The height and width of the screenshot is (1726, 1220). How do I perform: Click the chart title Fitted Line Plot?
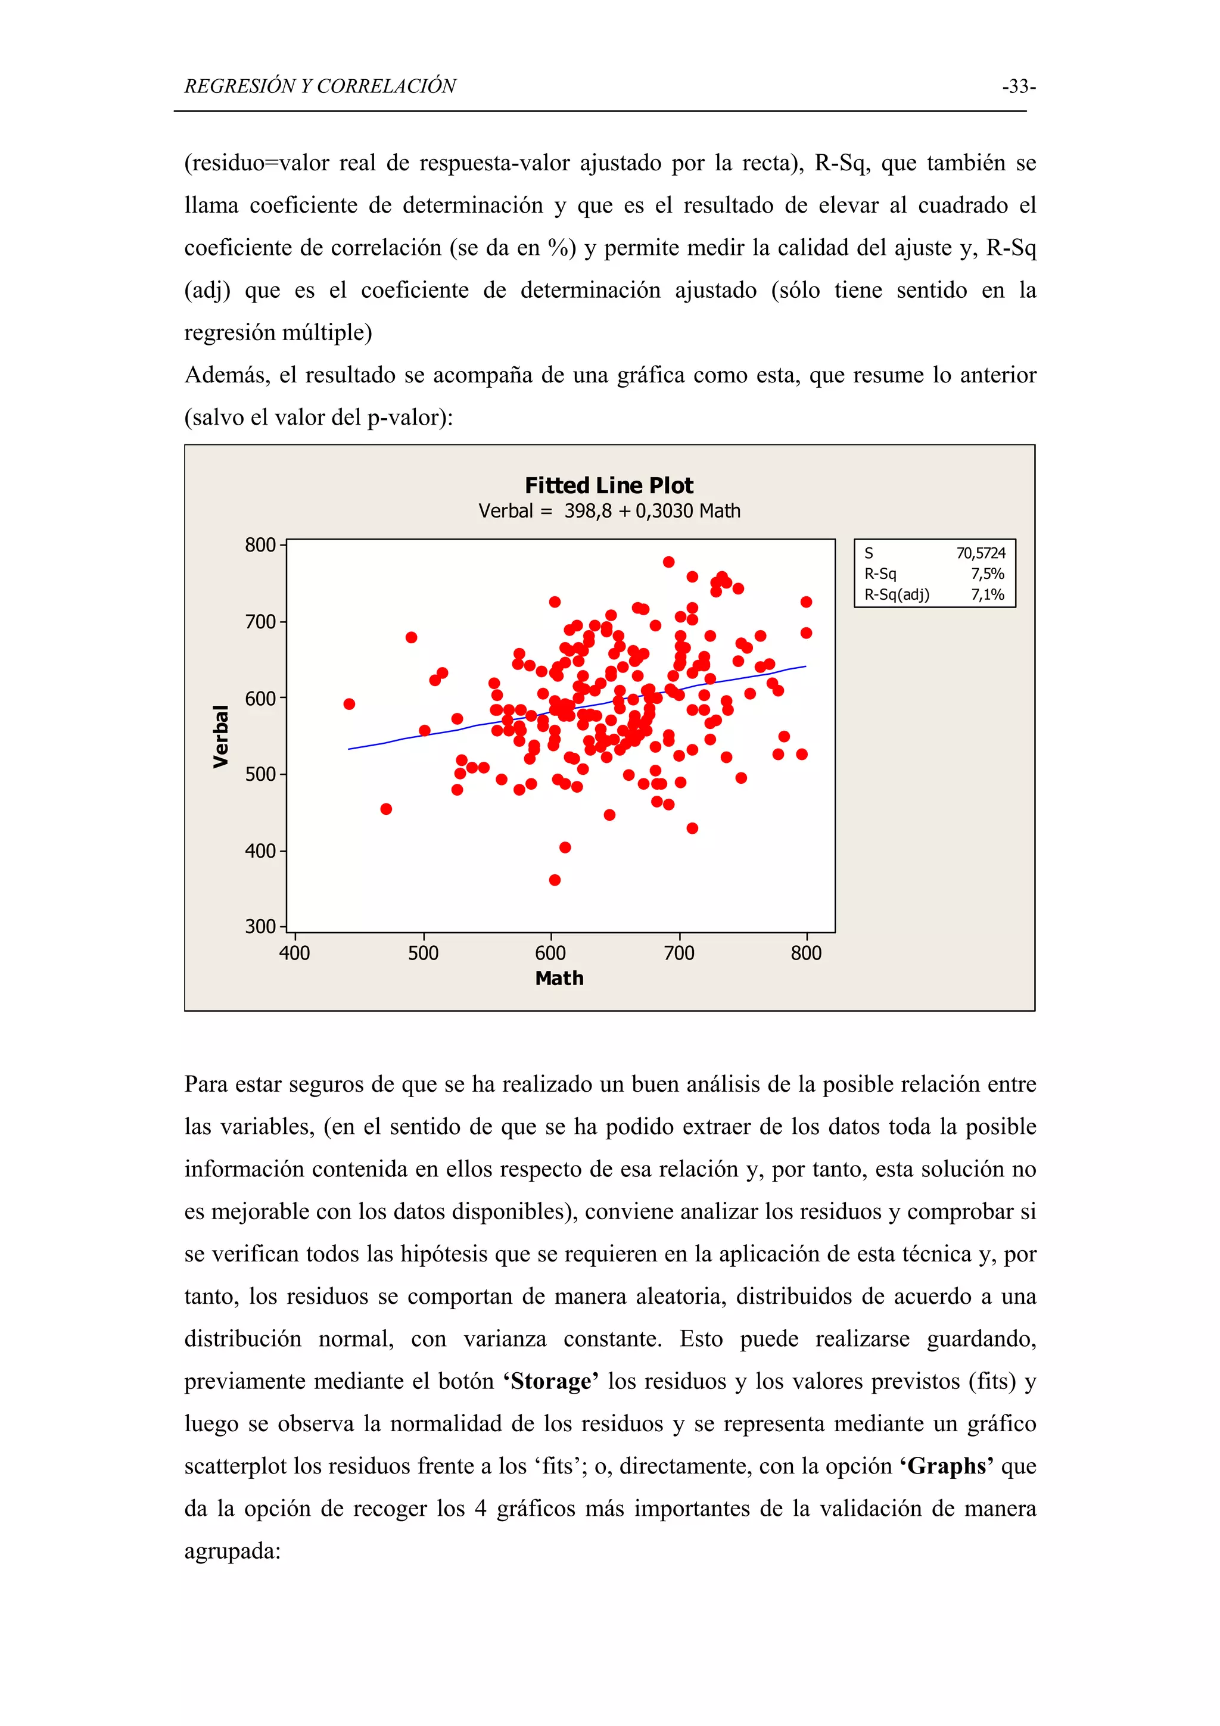click(x=609, y=485)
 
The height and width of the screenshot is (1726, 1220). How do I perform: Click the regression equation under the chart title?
click(x=609, y=511)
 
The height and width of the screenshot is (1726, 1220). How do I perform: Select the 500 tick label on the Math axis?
click(x=423, y=953)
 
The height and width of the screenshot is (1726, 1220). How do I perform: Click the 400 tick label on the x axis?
click(x=295, y=953)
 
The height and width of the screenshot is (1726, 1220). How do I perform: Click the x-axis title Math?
click(x=559, y=978)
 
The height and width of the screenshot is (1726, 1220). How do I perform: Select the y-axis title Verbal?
click(x=220, y=736)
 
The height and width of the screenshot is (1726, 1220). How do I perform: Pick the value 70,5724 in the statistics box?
click(x=980, y=553)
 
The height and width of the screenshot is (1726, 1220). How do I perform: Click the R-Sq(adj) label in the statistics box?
click(x=897, y=594)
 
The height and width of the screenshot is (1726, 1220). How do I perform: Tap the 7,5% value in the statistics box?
click(x=987, y=574)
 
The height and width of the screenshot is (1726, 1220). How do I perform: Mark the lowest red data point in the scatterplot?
click(x=555, y=880)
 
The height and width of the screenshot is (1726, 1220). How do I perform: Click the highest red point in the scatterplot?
click(x=668, y=562)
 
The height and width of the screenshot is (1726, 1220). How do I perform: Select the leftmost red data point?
click(x=349, y=703)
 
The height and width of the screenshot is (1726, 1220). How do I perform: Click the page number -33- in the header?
click(x=1019, y=86)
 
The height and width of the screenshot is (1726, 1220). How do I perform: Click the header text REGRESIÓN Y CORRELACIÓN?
click(x=320, y=86)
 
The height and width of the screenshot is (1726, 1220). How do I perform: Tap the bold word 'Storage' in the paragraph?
click(x=551, y=1381)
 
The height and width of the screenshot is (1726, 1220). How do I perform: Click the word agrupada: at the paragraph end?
click(x=232, y=1551)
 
